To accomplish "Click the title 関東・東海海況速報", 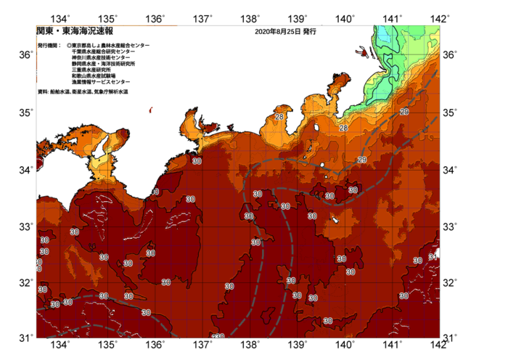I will coord(74,31).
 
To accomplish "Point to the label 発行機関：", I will coord(51,45).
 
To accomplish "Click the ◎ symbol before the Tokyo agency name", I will coord(68,45).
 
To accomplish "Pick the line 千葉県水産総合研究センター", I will coord(103,52).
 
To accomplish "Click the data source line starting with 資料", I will coord(83,92).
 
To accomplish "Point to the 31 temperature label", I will coord(433,257).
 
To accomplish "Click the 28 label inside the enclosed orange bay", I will coord(279,117).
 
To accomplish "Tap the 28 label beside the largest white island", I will coord(343,128).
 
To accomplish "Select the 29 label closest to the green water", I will coord(403,112).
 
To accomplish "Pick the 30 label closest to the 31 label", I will coord(417,261).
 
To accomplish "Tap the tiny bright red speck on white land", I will coord(150,110).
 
